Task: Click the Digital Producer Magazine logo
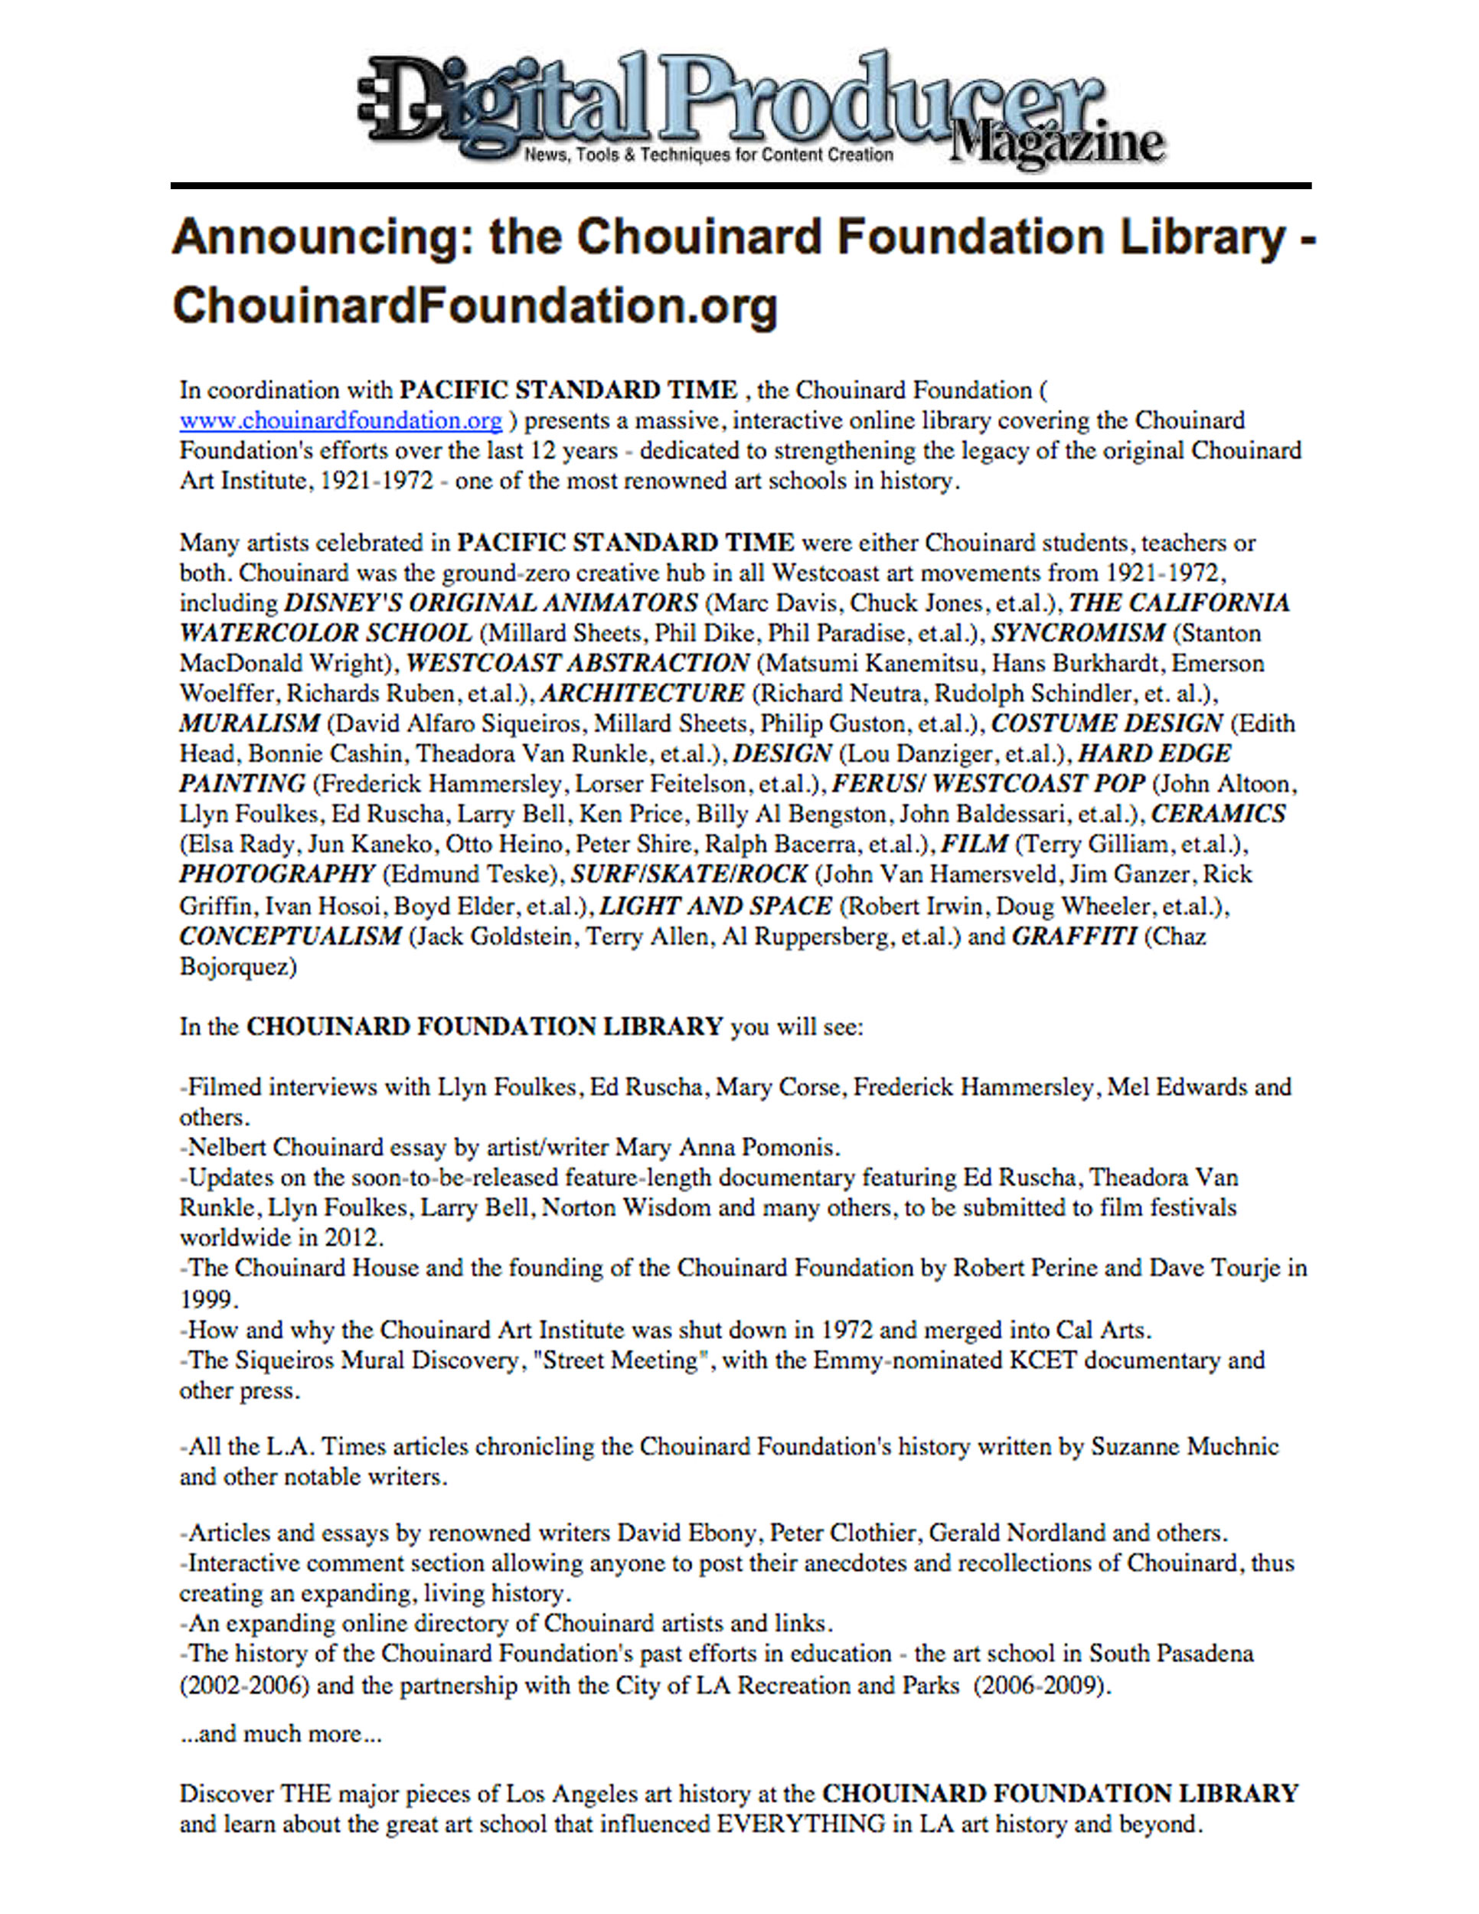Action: click(x=760, y=109)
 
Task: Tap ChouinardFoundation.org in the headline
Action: click(x=475, y=305)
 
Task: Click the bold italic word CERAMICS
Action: click(x=1218, y=813)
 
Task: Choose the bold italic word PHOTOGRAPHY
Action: click(x=277, y=874)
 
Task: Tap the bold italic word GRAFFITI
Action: click(x=1074, y=936)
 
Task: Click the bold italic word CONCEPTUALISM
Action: click(x=290, y=936)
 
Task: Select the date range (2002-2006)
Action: click(x=244, y=1685)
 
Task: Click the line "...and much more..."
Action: click(x=280, y=1733)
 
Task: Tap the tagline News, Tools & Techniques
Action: click(x=708, y=155)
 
